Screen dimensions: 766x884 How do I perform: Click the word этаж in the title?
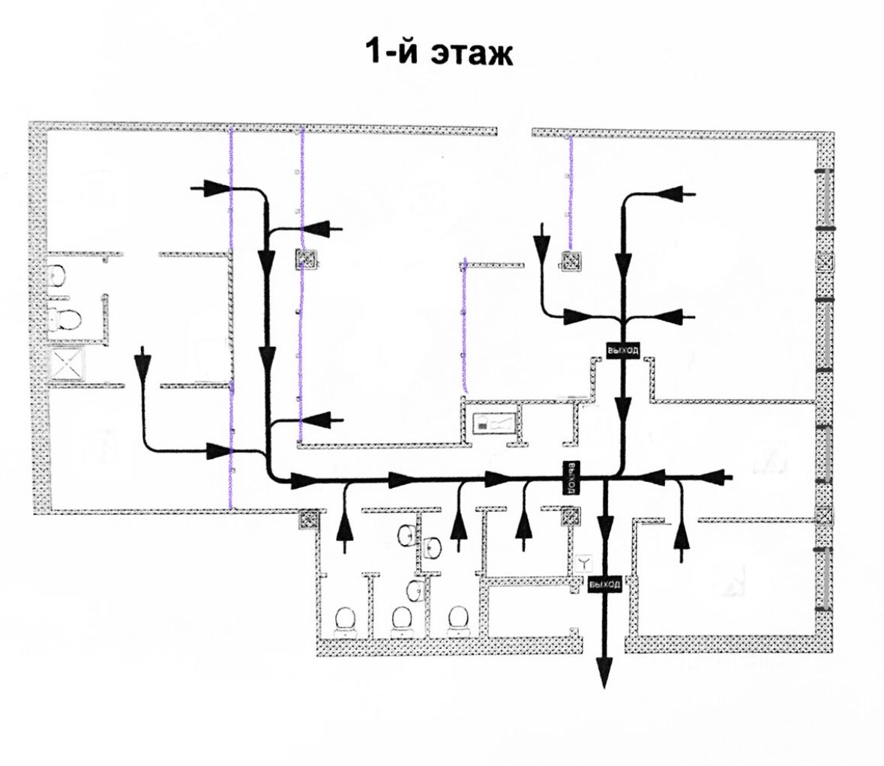[x=470, y=54]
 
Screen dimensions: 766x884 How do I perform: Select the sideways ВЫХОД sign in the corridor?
[x=571, y=477]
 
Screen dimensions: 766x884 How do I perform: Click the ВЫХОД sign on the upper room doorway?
[x=622, y=350]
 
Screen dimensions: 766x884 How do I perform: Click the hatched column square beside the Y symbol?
[x=571, y=516]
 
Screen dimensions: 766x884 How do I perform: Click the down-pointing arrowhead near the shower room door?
[x=142, y=364]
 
